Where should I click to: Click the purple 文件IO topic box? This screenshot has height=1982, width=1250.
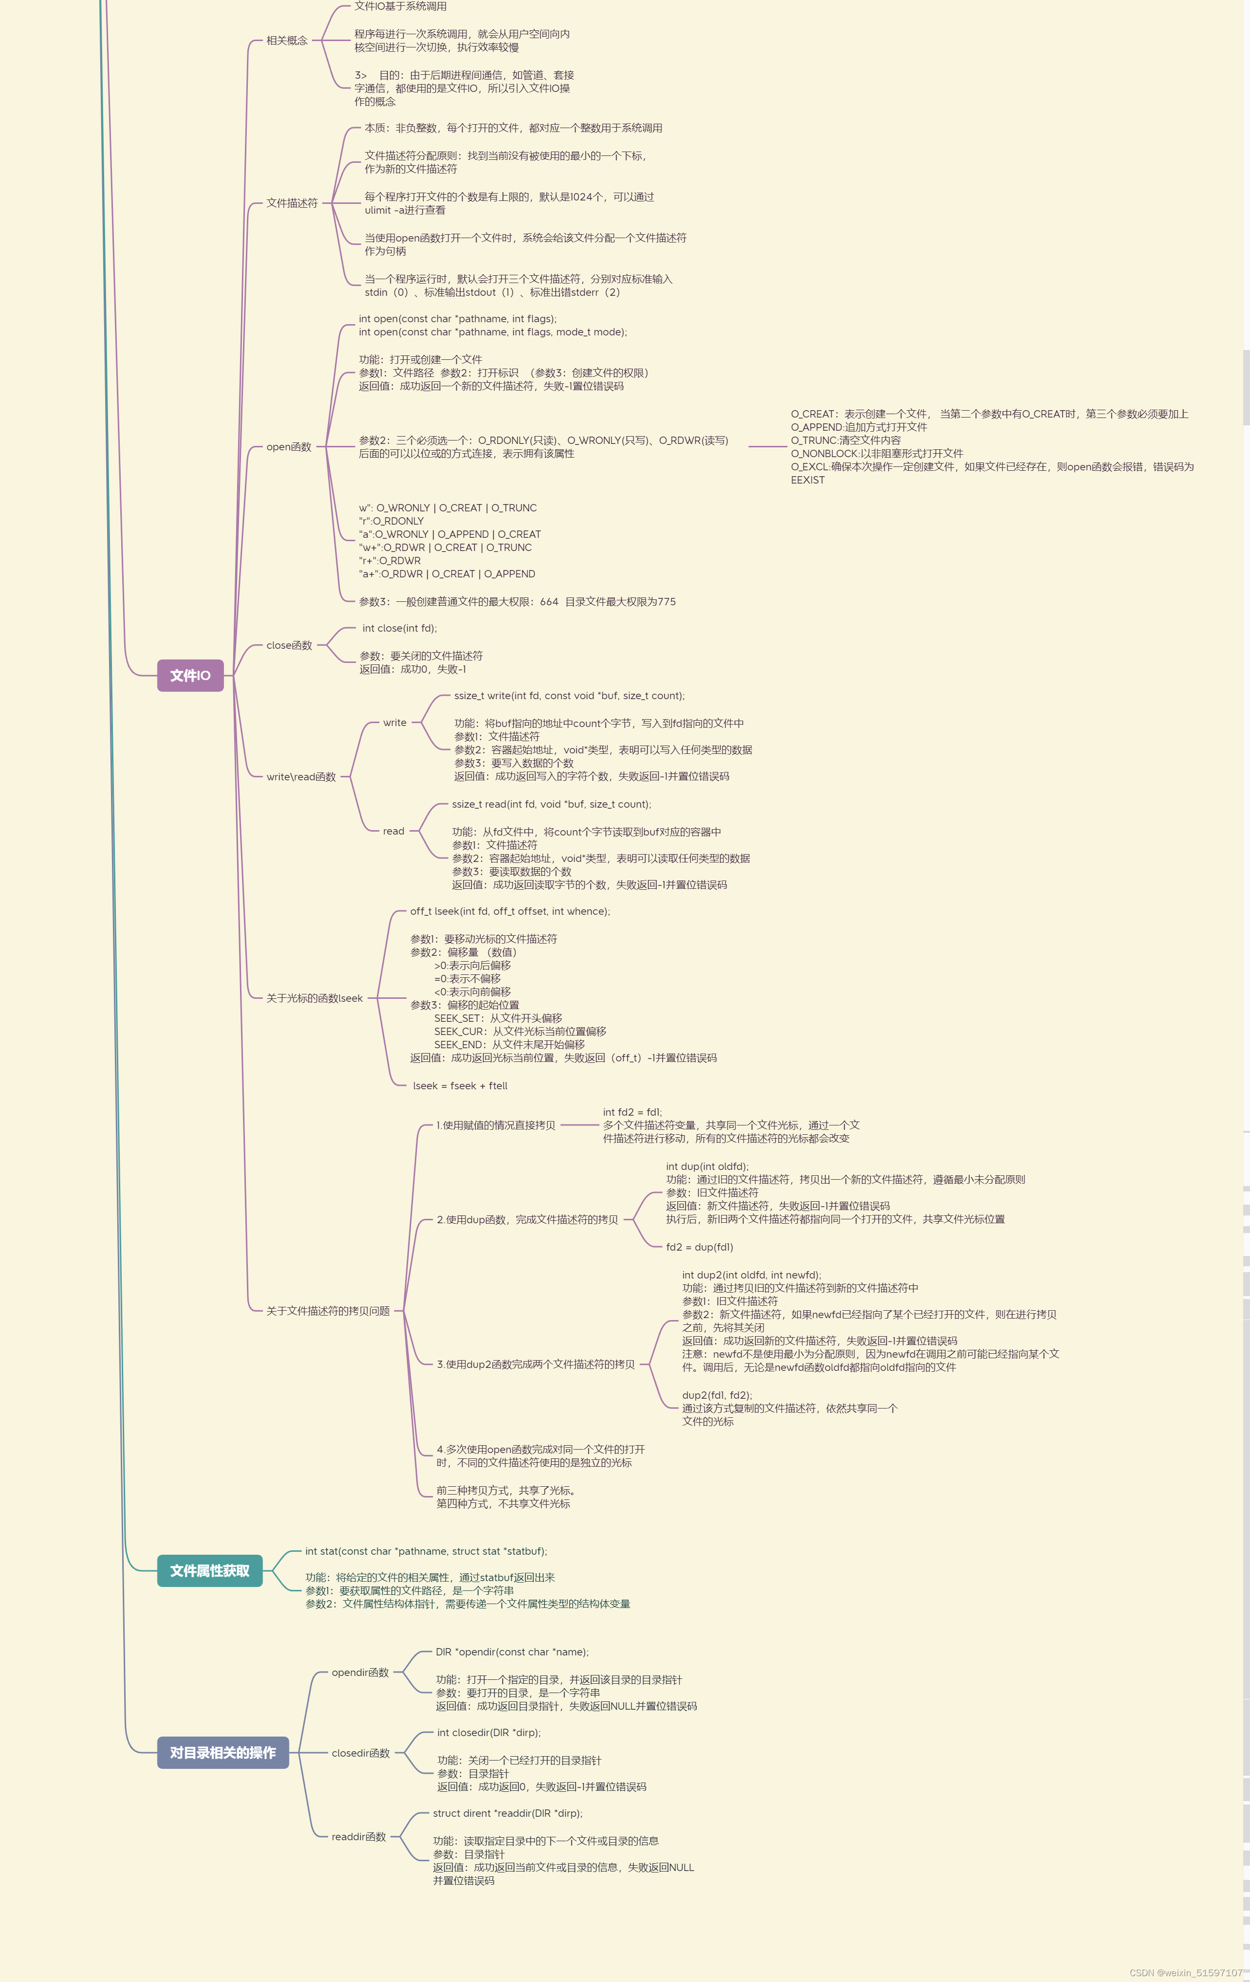click(x=190, y=675)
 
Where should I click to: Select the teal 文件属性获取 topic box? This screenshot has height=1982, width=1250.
click(x=209, y=1570)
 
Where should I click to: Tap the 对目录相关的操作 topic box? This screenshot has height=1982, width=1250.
click(x=222, y=1752)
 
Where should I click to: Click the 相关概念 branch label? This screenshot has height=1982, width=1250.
click(x=286, y=40)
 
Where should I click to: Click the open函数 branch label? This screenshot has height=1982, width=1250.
click(x=289, y=447)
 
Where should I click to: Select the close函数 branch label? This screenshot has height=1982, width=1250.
click(x=289, y=645)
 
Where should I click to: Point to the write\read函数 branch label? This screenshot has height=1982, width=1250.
click(x=301, y=777)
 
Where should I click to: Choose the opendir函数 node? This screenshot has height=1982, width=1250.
click(x=360, y=1673)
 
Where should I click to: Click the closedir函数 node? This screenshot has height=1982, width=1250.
click(x=360, y=1753)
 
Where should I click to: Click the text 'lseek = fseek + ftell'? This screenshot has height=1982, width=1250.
click(x=460, y=1086)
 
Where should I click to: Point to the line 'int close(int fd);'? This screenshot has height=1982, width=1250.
click(x=400, y=628)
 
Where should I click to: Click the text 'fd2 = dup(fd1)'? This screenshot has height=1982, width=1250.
click(x=700, y=1247)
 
